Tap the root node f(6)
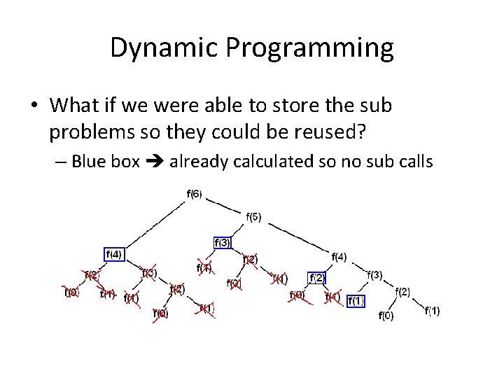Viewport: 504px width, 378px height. pos(195,193)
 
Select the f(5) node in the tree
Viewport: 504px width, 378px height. pos(253,217)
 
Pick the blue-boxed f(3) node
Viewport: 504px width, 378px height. pos(222,242)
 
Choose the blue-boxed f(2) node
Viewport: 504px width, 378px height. pos(316,278)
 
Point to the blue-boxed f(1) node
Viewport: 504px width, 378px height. pos(356,301)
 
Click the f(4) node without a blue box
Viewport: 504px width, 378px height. pos(339,257)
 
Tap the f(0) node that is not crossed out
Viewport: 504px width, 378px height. pos(386,316)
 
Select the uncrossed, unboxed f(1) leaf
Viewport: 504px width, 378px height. pos(433,311)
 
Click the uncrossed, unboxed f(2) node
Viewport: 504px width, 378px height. pos(402,292)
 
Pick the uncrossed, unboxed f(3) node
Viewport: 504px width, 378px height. pos(374,274)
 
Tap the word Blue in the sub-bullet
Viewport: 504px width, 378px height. pos(87,162)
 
